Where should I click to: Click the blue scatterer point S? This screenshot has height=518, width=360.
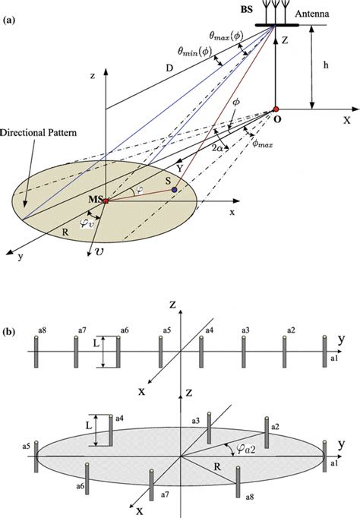(174, 190)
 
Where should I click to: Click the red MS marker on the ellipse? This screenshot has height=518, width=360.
(106, 201)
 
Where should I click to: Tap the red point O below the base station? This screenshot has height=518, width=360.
(276, 109)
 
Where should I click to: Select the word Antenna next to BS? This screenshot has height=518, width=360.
(312, 14)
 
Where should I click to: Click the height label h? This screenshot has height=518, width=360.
(326, 65)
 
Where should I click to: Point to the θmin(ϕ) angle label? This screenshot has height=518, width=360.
(195, 51)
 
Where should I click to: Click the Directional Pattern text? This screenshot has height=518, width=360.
(38, 133)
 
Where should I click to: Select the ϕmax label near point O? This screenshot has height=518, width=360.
(262, 144)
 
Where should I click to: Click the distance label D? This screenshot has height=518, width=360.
(169, 68)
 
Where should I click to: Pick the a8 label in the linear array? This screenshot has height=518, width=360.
(42, 330)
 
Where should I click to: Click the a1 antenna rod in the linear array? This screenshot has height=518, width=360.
(324, 352)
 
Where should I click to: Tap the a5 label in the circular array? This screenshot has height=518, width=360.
(27, 447)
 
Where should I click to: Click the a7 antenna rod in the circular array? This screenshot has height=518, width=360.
(152, 485)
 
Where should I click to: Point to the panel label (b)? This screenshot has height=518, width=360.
(9, 332)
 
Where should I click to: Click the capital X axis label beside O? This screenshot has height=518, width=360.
(346, 120)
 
